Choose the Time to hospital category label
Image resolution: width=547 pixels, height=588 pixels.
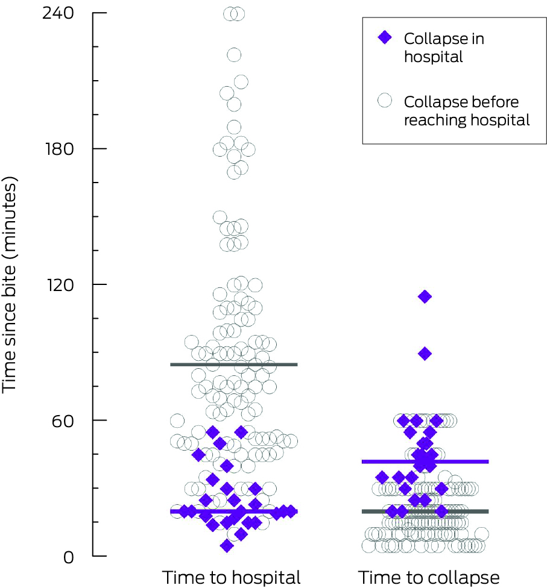coord(231,577)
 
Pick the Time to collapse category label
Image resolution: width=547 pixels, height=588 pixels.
coord(429,577)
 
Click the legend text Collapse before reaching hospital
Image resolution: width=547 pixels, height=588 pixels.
coord(466,111)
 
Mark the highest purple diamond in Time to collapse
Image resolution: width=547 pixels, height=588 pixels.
coord(425,296)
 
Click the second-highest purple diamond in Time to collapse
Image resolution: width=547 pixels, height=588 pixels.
coord(425,354)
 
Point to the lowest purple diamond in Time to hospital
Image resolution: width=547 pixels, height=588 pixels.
coord(227,546)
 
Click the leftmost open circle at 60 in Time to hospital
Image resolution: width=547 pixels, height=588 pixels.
coord(177,421)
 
